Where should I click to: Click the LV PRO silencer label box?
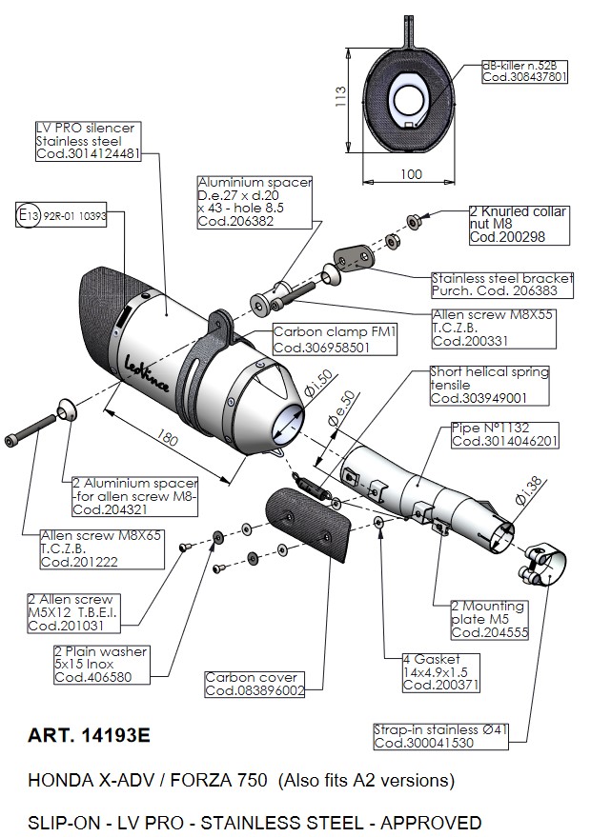click(x=88, y=141)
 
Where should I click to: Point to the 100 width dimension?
click(x=410, y=175)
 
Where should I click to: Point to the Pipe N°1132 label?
click(x=504, y=435)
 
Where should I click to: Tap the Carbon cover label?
click(x=255, y=684)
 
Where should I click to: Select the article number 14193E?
click(x=91, y=736)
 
